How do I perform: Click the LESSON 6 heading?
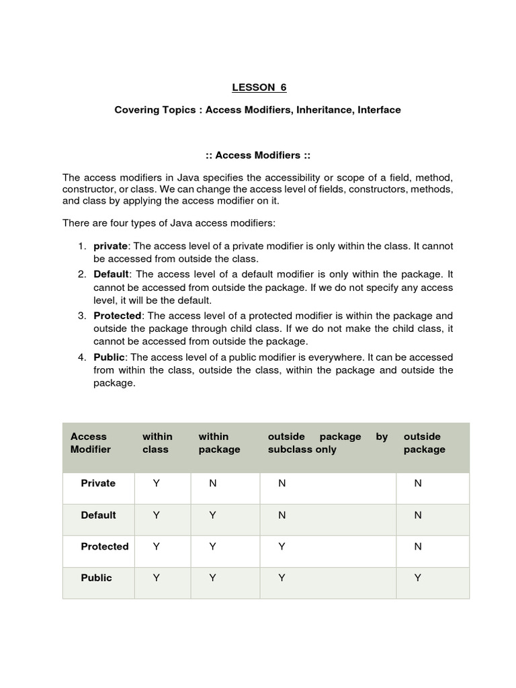pyautogui.click(x=254, y=87)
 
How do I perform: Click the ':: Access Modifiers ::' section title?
pyautogui.click(x=257, y=155)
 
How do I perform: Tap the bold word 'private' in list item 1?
pyautogui.click(x=110, y=246)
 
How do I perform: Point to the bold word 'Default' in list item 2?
pyautogui.click(x=111, y=274)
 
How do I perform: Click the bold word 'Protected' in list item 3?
pyautogui.click(x=118, y=316)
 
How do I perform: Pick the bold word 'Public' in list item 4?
pyautogui.click(x=109, y=357)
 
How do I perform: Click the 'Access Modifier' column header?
pyautogui.click(x=91, y=443)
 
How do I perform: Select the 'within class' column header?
pyautogui.click(x=157, y=443)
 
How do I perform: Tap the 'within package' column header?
pyautogui.click(x=219, y=443)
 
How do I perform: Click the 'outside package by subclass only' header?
pyautogui.click(x=327, y=443)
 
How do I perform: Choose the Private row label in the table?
pyautogui.click(x=98, y=483)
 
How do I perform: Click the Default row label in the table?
pyautogui.click(x=98, y=515)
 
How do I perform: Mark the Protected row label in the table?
pyautogui.click(x=105, y=546)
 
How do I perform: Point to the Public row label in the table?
pyautogui.click(x=97, y=578)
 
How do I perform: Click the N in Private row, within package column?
pyautogui.click(x=213, y=483)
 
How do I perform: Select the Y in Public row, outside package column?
pyautogui.click(x=417, y=578)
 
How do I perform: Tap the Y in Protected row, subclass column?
pyautogui.click(x=282, y=546)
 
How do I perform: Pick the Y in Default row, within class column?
pyautogui.click(x=157, y=515)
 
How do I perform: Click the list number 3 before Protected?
pyautogui.click(x=81, y=316)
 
